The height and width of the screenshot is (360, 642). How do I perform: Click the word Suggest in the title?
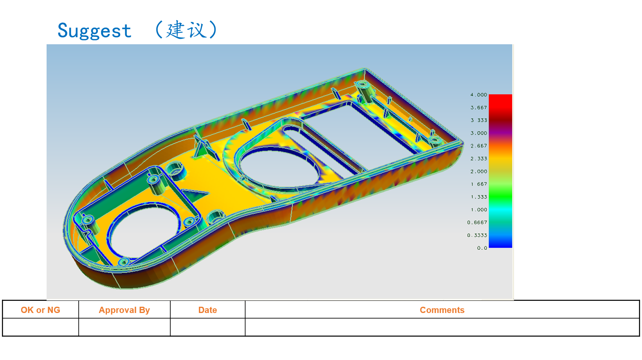coord(94,31)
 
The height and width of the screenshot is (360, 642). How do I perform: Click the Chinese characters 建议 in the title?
coord(186,30)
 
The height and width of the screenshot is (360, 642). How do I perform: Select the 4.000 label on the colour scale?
coord(478,95)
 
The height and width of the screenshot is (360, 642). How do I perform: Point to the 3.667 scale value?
coord(478,108)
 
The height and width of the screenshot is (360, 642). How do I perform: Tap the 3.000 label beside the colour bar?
coord(478,133)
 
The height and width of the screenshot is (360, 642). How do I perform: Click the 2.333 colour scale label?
coord(478,159)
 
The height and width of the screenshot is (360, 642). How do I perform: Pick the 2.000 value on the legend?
coord(478,172)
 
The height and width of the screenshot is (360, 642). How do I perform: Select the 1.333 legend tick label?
coord(478,197)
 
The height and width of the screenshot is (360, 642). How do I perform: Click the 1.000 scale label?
coord(478,210)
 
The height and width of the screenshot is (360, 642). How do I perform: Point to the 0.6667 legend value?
coord(477,223)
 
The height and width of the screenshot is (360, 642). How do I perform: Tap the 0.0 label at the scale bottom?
coord(482,248)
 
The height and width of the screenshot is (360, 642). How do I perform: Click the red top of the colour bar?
coord(500,100)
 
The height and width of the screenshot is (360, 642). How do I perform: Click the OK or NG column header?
coord(40,310)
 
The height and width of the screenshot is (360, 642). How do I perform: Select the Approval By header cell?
coord(124,310)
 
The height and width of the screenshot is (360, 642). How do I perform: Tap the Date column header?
coord(207,310)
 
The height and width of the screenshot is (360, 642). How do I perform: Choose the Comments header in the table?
coord(442,310)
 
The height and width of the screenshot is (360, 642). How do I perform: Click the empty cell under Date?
coord(207,327)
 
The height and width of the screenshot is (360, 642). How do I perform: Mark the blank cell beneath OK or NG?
coord(40,327)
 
